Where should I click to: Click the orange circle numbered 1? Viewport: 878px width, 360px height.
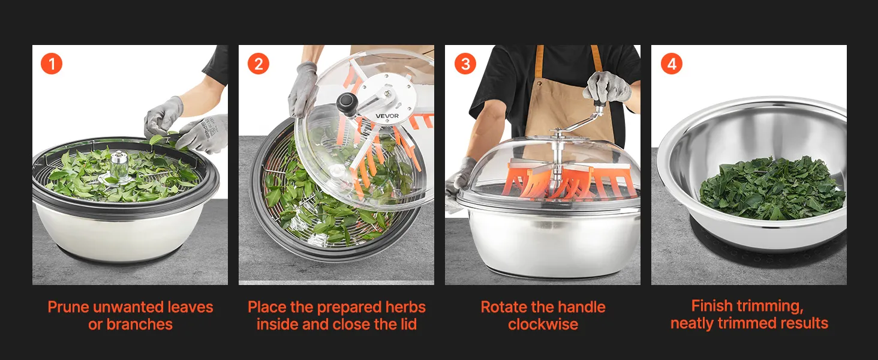[52, 64]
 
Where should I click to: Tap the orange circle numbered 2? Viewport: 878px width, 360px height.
[258, 64]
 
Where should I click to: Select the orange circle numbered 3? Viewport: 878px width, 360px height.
[465, 64]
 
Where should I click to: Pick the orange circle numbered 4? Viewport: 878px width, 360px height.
[672, 64]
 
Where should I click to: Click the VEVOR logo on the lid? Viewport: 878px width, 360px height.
[387, 116]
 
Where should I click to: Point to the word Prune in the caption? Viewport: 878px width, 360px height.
[68, 307]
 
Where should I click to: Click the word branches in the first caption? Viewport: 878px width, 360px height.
[140, 325]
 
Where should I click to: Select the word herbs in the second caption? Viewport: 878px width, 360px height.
[405, 307]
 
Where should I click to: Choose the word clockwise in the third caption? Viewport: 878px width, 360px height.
[543, 325]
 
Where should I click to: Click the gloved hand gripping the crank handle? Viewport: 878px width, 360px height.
[607, 87]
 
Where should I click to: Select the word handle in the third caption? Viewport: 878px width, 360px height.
[582, 307]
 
